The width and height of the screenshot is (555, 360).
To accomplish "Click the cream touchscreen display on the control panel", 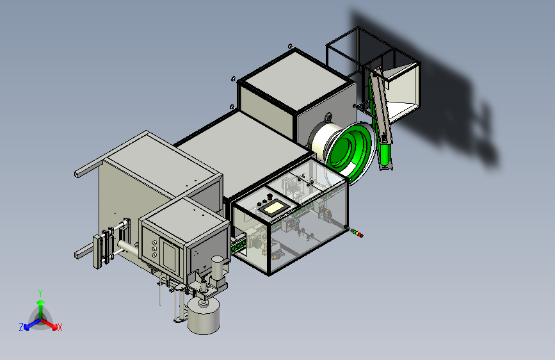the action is click(273, 208).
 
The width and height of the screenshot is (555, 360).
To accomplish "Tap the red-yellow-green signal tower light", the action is click(357, 233).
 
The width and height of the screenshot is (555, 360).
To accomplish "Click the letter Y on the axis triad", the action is click(40, 293).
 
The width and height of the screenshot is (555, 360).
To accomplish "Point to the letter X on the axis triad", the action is click(60, 328).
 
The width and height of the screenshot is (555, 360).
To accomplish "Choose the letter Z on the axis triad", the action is click(21, 327).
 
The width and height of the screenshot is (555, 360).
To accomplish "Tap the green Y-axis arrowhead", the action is click(41, 302).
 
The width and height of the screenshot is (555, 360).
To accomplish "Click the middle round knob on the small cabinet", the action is click(154, 249).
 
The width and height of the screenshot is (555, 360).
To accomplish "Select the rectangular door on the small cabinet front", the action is click(170, 255).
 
